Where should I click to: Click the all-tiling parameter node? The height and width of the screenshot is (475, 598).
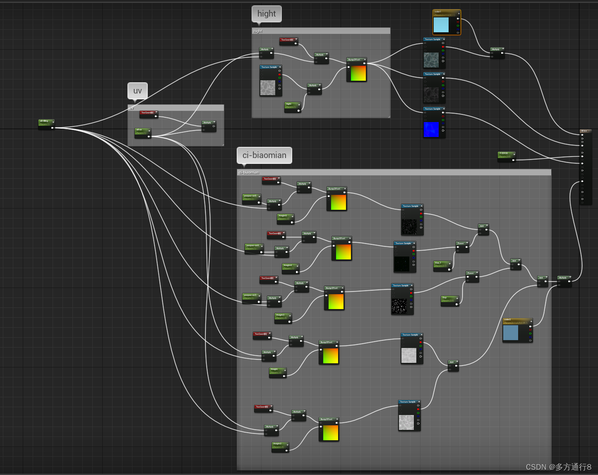pyautogui.click(x=46, y=123)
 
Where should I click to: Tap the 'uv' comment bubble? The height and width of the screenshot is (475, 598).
pyautogui.click(x=137, y=91)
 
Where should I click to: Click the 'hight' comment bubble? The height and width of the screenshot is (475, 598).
pyautogui.click(x=267, y=14)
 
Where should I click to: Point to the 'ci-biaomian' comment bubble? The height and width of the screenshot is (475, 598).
pyautogui.click(x=264, y=155)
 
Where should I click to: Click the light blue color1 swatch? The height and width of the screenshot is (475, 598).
pyautogui.click(x=441, y=24)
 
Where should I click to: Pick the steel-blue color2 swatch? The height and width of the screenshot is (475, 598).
pyautogui.click(x=510, y=333)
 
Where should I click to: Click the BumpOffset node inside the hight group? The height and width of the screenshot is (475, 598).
pyautogui.click(x=356, y=70)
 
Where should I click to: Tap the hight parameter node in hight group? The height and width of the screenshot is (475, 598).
pyautogui.click(x=292, y=106)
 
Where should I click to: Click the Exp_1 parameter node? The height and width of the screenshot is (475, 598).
pyautogui.click(x=442, y=265)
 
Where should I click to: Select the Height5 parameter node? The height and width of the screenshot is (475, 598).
pyautogui.click(x=285, y=218)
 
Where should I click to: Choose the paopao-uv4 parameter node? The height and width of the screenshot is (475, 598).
pyautogui.click(x=254, y=248)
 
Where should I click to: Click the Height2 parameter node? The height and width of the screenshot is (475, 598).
pyautogui.click(x=280, y=446)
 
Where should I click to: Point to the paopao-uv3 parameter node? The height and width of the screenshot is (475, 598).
pyautogui.click(x=251, y=297)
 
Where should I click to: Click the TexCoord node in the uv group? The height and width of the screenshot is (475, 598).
pyautogui.click(x=148, y=113)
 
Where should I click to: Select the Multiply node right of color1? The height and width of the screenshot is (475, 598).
pyautogui.click(x=497, y=52)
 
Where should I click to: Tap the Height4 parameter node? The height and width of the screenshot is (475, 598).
pyautogui.click(x=290, y=267)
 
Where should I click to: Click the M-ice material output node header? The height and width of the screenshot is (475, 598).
pyautogui.click(x=585, y=131)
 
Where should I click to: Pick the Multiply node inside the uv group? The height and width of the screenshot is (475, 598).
pyautogui.click(x=209, y=125)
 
